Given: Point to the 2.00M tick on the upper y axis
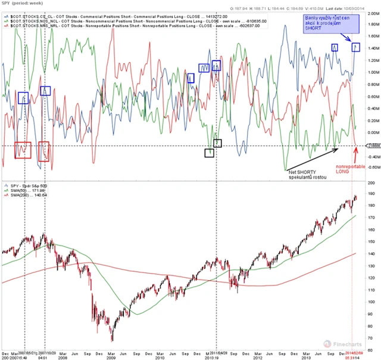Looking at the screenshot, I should [x=371, y=24].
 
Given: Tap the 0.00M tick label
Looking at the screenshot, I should [x=371, y=133].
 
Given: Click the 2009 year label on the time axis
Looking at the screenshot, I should [x=111, y=356].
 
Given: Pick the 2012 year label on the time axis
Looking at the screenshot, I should [x=257, y=356].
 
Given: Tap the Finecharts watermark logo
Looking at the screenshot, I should [x=345, y=343].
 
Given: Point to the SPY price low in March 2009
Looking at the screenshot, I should [x=112, y=340].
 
